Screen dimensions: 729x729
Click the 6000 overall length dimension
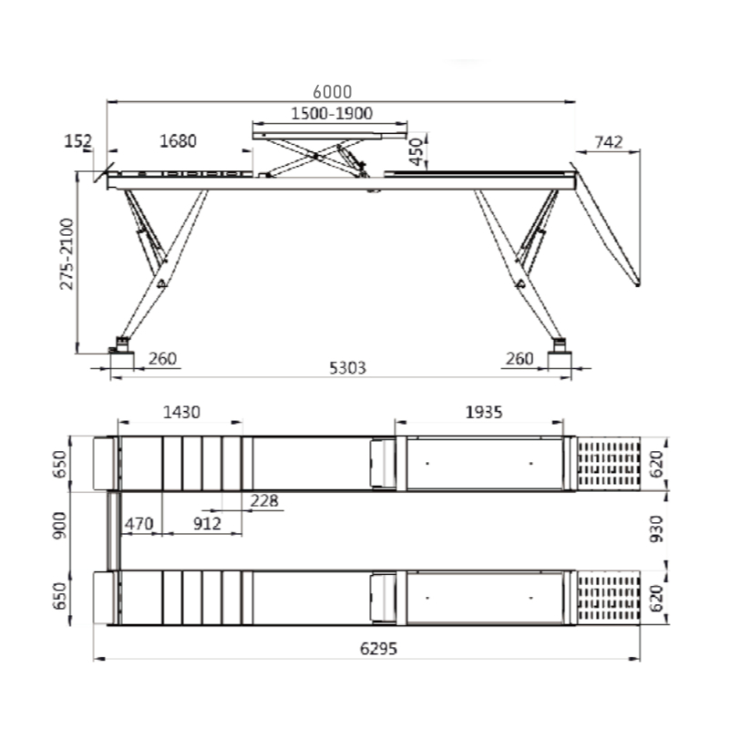(x=332, y=92)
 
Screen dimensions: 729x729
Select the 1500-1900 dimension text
(x=332, y=113)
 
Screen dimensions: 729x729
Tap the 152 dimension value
(x=77, y=141)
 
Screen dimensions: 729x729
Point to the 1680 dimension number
(x=178, y=141)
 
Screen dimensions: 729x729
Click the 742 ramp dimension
(x=608, y=142)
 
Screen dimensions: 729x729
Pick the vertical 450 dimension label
(x=416, y=151)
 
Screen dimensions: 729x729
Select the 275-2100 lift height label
(x=67, y=254)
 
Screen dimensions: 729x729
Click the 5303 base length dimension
(x=348, y=368)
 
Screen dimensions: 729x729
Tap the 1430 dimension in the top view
(x=181, y=413)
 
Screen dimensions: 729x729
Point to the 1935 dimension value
(x=484, y=413)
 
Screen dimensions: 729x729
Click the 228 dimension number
(x=264, y=500)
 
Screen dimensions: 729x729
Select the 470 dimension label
(x=139, y=524)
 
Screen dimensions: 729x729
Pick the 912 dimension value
(x=207, y=524)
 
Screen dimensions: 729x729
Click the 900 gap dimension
(x=59, y=526)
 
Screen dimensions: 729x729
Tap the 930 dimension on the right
(x=656, y=529)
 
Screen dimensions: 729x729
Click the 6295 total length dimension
(x=378, y=649)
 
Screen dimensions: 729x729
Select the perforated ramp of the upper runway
(x=609, y=464)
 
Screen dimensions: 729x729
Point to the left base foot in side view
(x=122, y=359)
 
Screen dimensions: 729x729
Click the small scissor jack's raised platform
(x=330, y=136)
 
